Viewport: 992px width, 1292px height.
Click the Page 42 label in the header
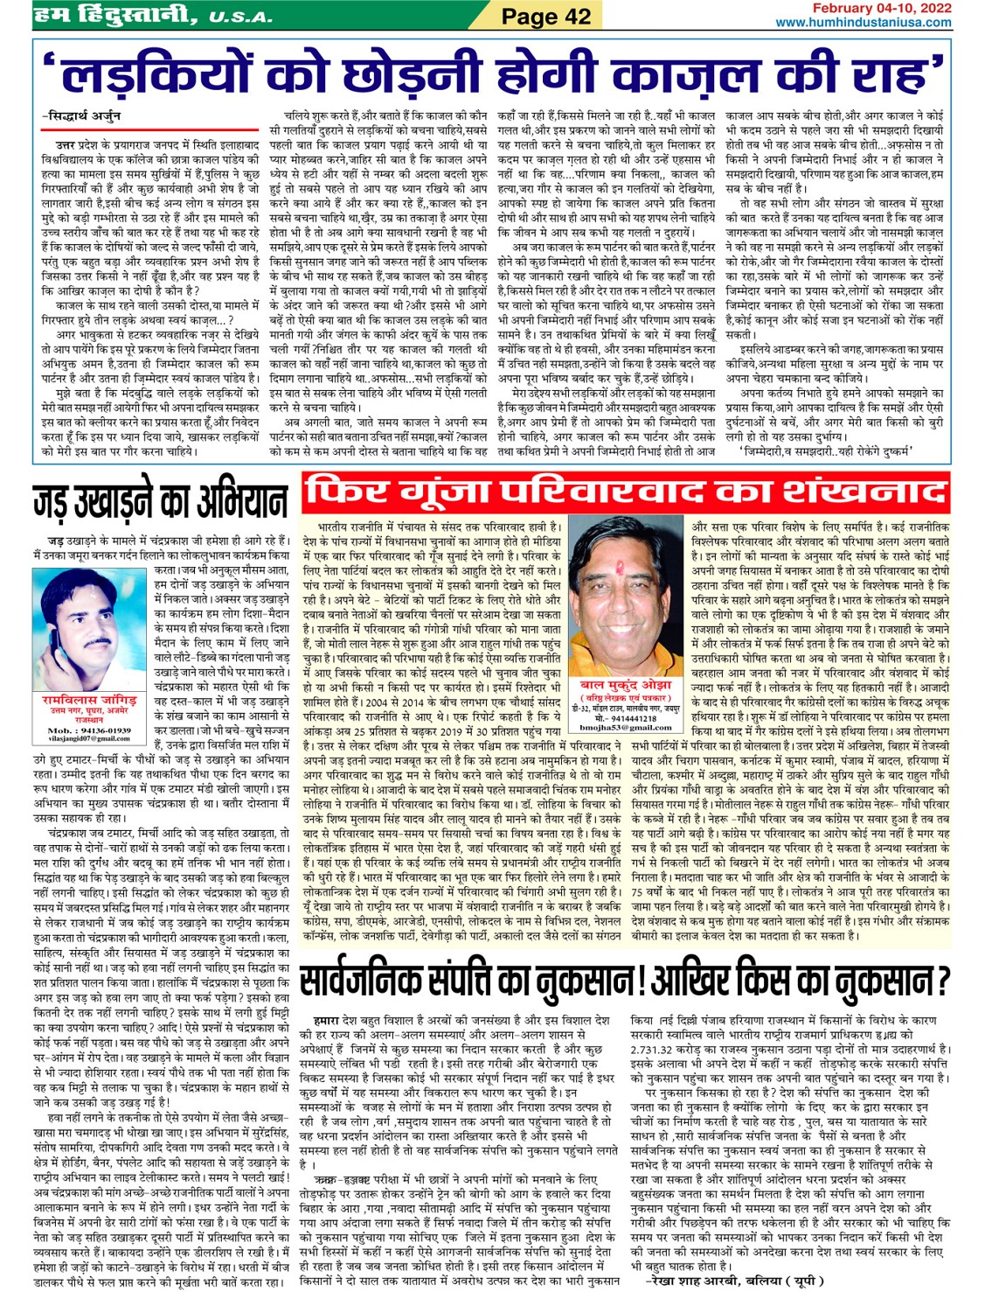click(x=546, y=16)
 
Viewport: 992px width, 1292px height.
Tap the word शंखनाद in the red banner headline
click(x=852, y=493)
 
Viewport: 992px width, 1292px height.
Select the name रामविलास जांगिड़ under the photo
click(x=90, y=701)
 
